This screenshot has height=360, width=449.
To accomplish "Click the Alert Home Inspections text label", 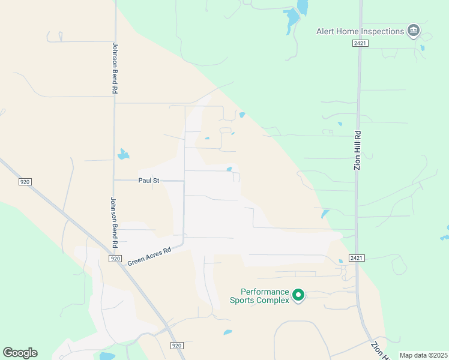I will [x=360, y=31].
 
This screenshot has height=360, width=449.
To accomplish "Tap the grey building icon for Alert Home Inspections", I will [x=413, y=30].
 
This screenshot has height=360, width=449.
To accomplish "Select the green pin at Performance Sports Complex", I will [x=298, y=294].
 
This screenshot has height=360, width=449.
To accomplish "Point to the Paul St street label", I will [x=148, y=180].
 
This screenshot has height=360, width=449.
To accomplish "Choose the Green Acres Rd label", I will [x=149, y=256].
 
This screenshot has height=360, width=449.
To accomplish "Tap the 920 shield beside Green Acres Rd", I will [x=115, y=258].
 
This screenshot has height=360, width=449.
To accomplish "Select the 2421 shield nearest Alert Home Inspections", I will [x=360, y=43].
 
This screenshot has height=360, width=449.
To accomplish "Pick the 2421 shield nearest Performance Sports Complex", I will [x=355, y=258].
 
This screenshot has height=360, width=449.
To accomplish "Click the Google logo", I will [x=20, y=353].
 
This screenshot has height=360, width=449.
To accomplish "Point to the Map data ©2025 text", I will [x=423, y=355].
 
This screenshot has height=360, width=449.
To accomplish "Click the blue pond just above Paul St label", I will [x=123, y=154].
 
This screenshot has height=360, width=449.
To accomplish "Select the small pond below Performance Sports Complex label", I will [x=228, y=332].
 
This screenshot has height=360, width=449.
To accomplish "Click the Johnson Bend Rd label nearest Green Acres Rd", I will [x=113, y=222].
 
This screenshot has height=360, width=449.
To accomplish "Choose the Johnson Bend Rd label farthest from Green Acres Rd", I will [x=114, y=67].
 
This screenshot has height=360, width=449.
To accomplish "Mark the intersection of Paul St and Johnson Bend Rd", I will [x=114, y=180].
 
